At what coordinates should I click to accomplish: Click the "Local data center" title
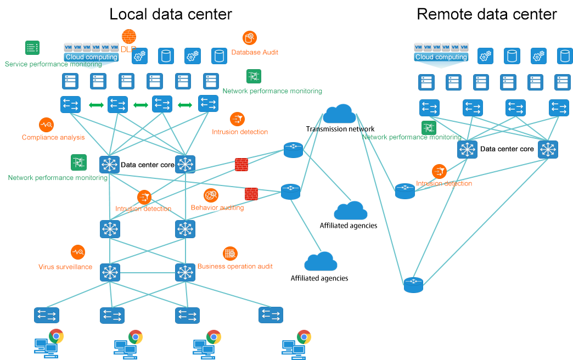pyautogui.click(x=171, y=14)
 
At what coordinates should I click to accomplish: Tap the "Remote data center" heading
pyautogui.click(x=487, y=14)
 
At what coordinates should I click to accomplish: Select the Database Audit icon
pyautogui.click(x=250, y=38)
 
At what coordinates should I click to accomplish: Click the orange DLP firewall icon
pyautogui.click(x=129, y=36)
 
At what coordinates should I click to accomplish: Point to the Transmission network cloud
pyautogui.click(x=339, y=114)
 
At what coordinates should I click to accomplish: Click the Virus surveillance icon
pyautogui.click(x=78, y=252)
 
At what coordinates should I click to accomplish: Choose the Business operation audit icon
pyautogui.click(x=230, y=254)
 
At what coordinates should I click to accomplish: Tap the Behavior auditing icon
pyautogui.click(x=211, y=195)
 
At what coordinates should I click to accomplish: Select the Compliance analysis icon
pyautogui.click(x=46, y=125)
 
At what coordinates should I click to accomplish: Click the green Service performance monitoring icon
pyautogui.click(x=32, y=48)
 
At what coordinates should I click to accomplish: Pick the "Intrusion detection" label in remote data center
pyautogui.click(x=444, y=183)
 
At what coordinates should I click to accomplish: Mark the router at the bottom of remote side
pyautogui.click(x=413, y=285)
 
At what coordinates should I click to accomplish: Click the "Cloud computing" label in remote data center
pyautogui.click(x=441, y=57)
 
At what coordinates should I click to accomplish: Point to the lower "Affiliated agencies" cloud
pyautogui.click(x=321, y=262)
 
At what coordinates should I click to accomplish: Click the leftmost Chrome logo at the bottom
pyautogui.click(x=56, y=336)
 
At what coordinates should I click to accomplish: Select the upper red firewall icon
pyautogui.click(x=241, y=164)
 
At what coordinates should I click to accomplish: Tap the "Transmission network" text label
pyautogui.click(x=340, y=129)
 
